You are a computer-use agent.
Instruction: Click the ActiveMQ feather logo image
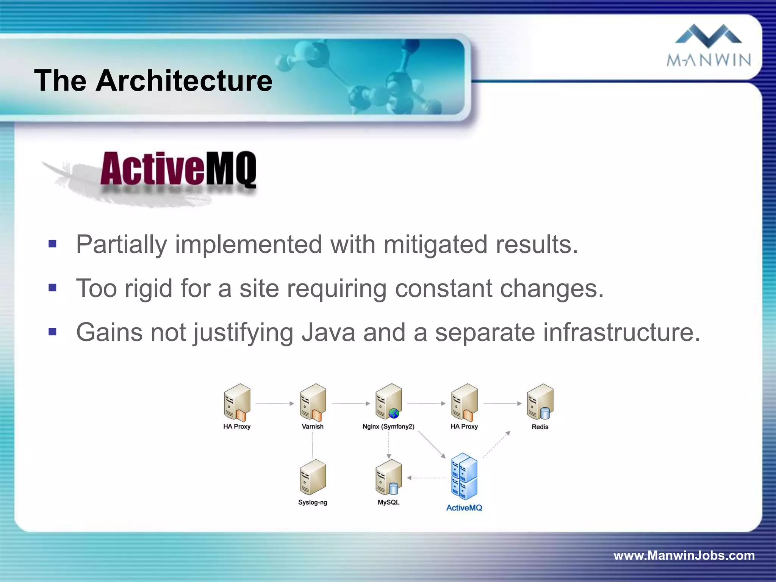coord(152,176)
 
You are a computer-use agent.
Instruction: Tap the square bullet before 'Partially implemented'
coord(52,244)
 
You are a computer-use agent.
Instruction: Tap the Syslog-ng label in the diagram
coord(313,502)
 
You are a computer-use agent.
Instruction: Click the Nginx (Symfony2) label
coord(388,427)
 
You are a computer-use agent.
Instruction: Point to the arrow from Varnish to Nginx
coord(350,404)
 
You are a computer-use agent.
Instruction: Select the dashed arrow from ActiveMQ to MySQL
coord(426,478)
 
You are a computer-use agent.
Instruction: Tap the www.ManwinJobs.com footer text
coord(684,555)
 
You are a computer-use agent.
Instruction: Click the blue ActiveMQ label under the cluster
coord(464,508)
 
